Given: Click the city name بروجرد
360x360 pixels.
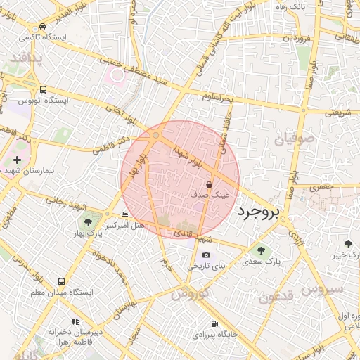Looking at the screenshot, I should point(258,212).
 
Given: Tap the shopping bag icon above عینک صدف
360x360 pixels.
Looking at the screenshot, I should point(209,184).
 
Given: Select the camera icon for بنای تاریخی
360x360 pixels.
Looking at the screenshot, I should point(206,255).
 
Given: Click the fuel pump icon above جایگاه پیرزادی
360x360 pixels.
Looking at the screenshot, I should point(214,324).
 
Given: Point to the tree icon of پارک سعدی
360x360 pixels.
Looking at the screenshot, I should point(262,250).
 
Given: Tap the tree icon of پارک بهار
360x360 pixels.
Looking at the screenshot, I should point(87,223).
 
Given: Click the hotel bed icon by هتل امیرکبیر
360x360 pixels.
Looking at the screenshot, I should point(124,215).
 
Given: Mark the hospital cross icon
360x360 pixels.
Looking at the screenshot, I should point(17,160).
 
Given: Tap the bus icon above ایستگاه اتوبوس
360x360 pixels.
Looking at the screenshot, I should point(44,90).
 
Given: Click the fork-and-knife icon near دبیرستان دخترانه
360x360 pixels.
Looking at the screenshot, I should point(76,321).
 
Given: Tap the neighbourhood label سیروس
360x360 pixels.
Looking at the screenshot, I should point(325,288).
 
